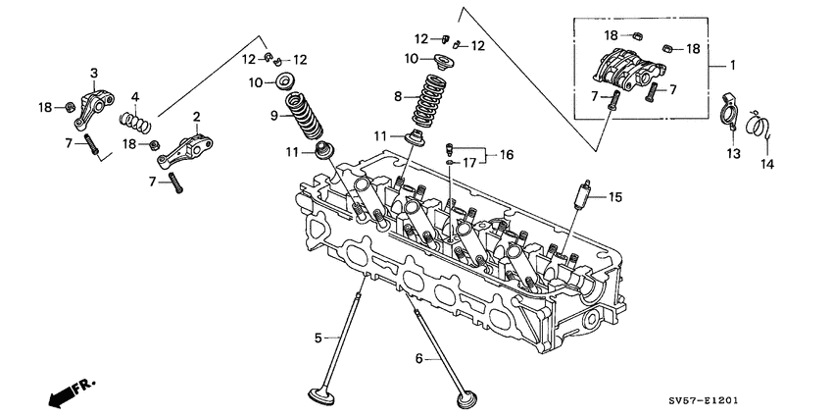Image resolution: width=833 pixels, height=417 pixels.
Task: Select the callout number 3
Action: point(94,73)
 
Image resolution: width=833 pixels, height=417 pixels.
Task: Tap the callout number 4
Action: point(136,96)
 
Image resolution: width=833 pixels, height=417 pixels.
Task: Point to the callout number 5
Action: point(318,339)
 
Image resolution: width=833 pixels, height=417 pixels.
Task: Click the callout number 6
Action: point(418,359)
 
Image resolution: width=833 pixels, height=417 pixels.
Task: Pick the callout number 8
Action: point(398,97)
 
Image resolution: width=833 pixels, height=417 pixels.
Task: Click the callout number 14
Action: point(767,164)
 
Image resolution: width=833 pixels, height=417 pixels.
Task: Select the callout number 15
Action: point(615,197)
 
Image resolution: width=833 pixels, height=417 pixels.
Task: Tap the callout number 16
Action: point(506,155)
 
